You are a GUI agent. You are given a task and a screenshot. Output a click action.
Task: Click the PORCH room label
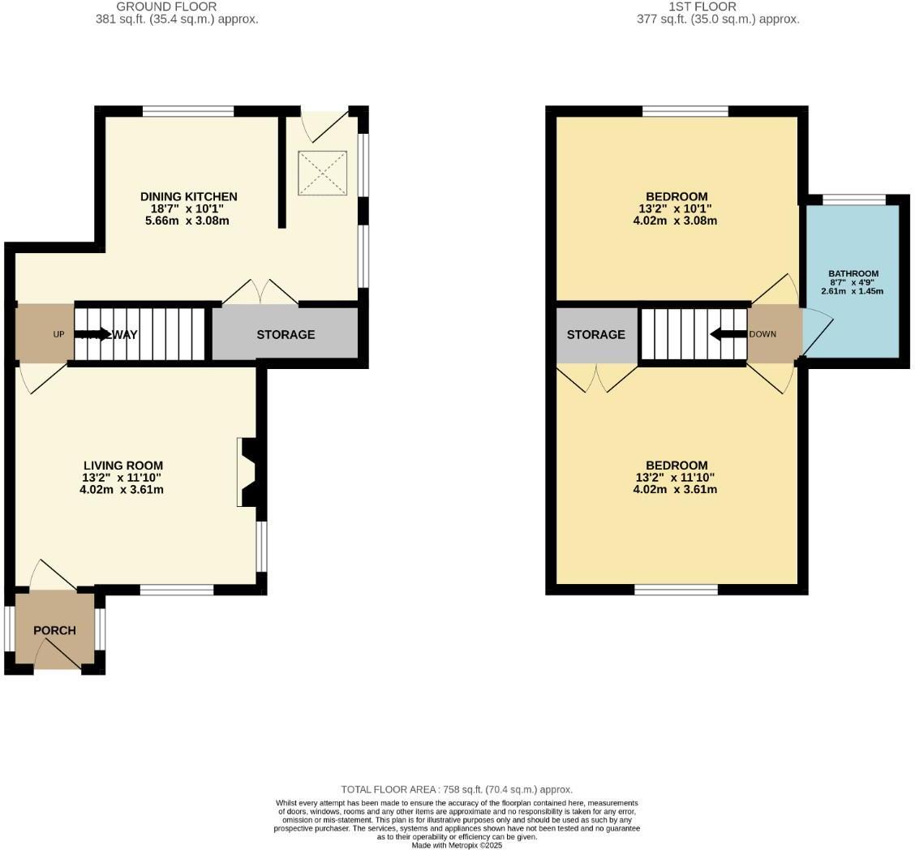[54, 630]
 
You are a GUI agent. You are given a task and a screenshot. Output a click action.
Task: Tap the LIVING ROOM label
[122, 466]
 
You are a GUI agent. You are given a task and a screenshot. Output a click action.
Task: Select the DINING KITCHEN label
[188, 196]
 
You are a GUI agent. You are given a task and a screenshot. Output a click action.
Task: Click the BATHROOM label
[853, 274]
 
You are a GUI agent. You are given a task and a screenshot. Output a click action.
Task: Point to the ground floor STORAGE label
[286, 334]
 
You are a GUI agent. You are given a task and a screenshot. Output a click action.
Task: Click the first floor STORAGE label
[595, 334]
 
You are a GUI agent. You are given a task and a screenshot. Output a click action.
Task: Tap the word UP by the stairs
[58, 334]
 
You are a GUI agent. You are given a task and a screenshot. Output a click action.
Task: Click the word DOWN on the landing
[762, 334]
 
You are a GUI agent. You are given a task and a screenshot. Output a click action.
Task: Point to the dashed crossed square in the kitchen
[322, 173]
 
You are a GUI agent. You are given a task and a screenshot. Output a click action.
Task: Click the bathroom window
[854, 200]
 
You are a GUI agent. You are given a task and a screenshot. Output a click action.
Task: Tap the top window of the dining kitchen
[188, 111]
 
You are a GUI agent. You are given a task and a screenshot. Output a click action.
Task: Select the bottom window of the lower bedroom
[676, 590]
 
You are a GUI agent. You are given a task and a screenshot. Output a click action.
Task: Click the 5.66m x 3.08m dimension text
[188, 221]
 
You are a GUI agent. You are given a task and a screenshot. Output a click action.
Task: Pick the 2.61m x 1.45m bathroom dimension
[852, 291]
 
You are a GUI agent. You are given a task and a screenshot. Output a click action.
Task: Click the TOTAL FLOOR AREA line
[457, 789]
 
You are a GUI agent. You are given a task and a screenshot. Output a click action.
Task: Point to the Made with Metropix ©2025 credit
[457, 845]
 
